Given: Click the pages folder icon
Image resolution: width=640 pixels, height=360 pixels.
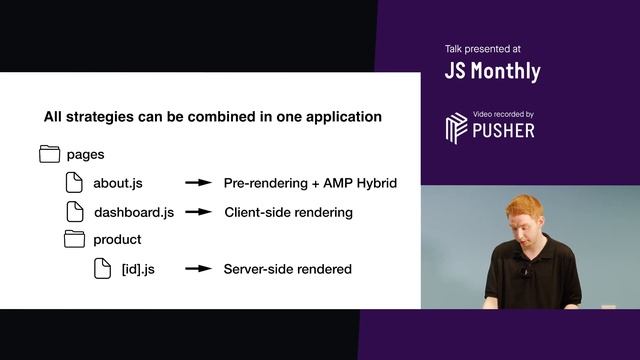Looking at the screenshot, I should (49, 154).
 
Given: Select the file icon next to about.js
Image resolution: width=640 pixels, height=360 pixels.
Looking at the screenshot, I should (75, 182).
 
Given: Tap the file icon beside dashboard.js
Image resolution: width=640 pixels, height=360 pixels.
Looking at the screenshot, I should (75, 211).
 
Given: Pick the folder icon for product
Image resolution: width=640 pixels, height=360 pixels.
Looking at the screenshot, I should (75, 239).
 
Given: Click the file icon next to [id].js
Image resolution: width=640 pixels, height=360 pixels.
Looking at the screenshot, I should (101, 268).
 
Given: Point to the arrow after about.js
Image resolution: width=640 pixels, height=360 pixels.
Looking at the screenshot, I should (199, 183).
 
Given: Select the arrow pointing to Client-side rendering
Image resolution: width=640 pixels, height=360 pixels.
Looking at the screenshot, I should (199, 212).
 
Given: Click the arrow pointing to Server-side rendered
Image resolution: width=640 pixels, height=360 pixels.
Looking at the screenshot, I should (199, 269).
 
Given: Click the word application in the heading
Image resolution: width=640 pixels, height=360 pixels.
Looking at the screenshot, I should (342, 117).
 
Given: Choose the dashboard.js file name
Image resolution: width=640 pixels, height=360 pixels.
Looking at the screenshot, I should (134, 212).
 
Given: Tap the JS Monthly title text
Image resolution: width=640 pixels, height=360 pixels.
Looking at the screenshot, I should (492, 71).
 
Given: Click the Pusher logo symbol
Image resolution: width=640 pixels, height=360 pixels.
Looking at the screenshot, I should (456, 128).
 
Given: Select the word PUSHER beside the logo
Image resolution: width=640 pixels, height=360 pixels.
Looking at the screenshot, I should (504, 130).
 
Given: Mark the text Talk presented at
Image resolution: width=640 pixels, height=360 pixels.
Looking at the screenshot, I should (482, 48).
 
